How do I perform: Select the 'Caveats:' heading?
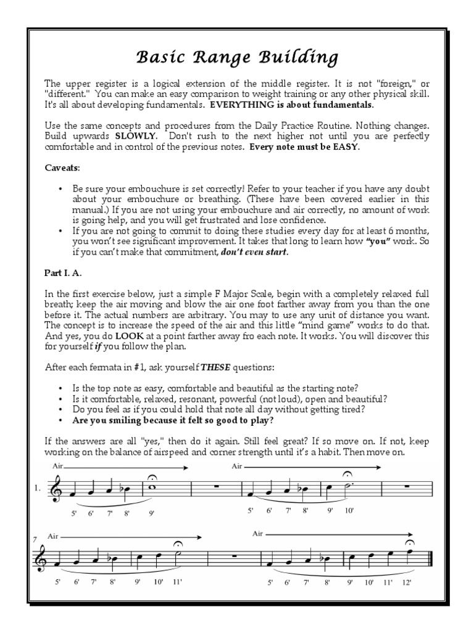tap(62, 167)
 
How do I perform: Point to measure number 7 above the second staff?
tap(35, 540)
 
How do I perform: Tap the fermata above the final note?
tap(410, 542)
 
